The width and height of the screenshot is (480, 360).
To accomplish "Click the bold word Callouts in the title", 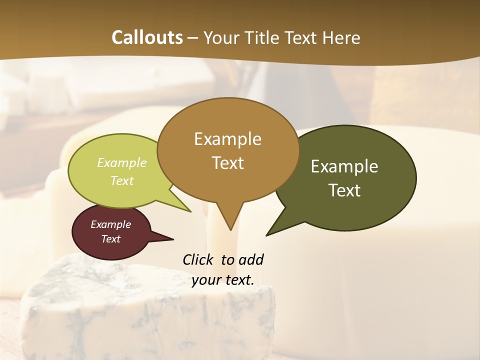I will point(147,37).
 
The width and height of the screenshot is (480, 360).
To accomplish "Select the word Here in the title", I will point(341,37).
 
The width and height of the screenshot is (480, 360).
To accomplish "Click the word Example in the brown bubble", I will point(227,139).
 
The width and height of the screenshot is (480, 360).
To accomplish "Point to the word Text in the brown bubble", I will point(227,163).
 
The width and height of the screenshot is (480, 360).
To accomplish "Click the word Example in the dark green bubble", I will point(344,166).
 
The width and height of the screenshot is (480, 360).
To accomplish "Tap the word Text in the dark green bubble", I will point(344,190).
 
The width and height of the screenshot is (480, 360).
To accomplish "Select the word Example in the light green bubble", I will point(122,163).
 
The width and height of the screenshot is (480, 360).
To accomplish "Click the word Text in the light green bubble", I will point(122,180).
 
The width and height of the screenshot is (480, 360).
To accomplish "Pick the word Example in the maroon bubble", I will point(110,224).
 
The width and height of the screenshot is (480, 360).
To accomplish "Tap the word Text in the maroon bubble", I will point(110,239).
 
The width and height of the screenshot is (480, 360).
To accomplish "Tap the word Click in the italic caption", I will point(198,259).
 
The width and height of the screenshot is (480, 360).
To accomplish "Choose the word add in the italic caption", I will point(251,259).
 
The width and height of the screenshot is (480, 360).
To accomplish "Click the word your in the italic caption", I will point(206,280).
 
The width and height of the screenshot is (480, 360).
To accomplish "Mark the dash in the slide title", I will point(193,38).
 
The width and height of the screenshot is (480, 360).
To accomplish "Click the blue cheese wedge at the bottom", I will point(150,310).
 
